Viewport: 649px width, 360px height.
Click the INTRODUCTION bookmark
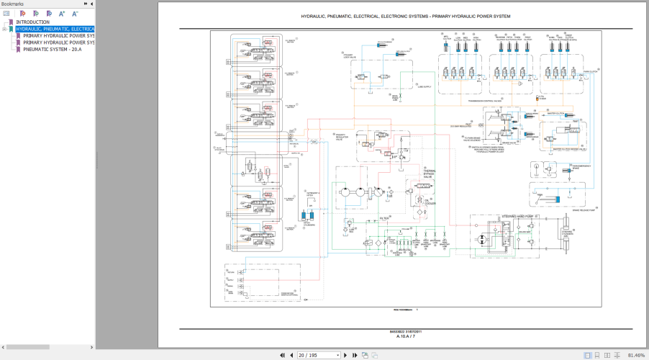pos(32,22)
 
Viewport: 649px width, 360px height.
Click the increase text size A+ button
pos(62,13)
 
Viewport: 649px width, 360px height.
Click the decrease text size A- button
pos(74,13)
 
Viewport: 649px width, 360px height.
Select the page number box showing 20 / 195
pos(319,355)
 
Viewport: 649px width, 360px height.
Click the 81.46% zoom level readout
pos(636,355)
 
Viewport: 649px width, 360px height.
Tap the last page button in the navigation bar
pos(355,355)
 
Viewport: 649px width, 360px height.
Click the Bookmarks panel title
pos(12,4)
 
